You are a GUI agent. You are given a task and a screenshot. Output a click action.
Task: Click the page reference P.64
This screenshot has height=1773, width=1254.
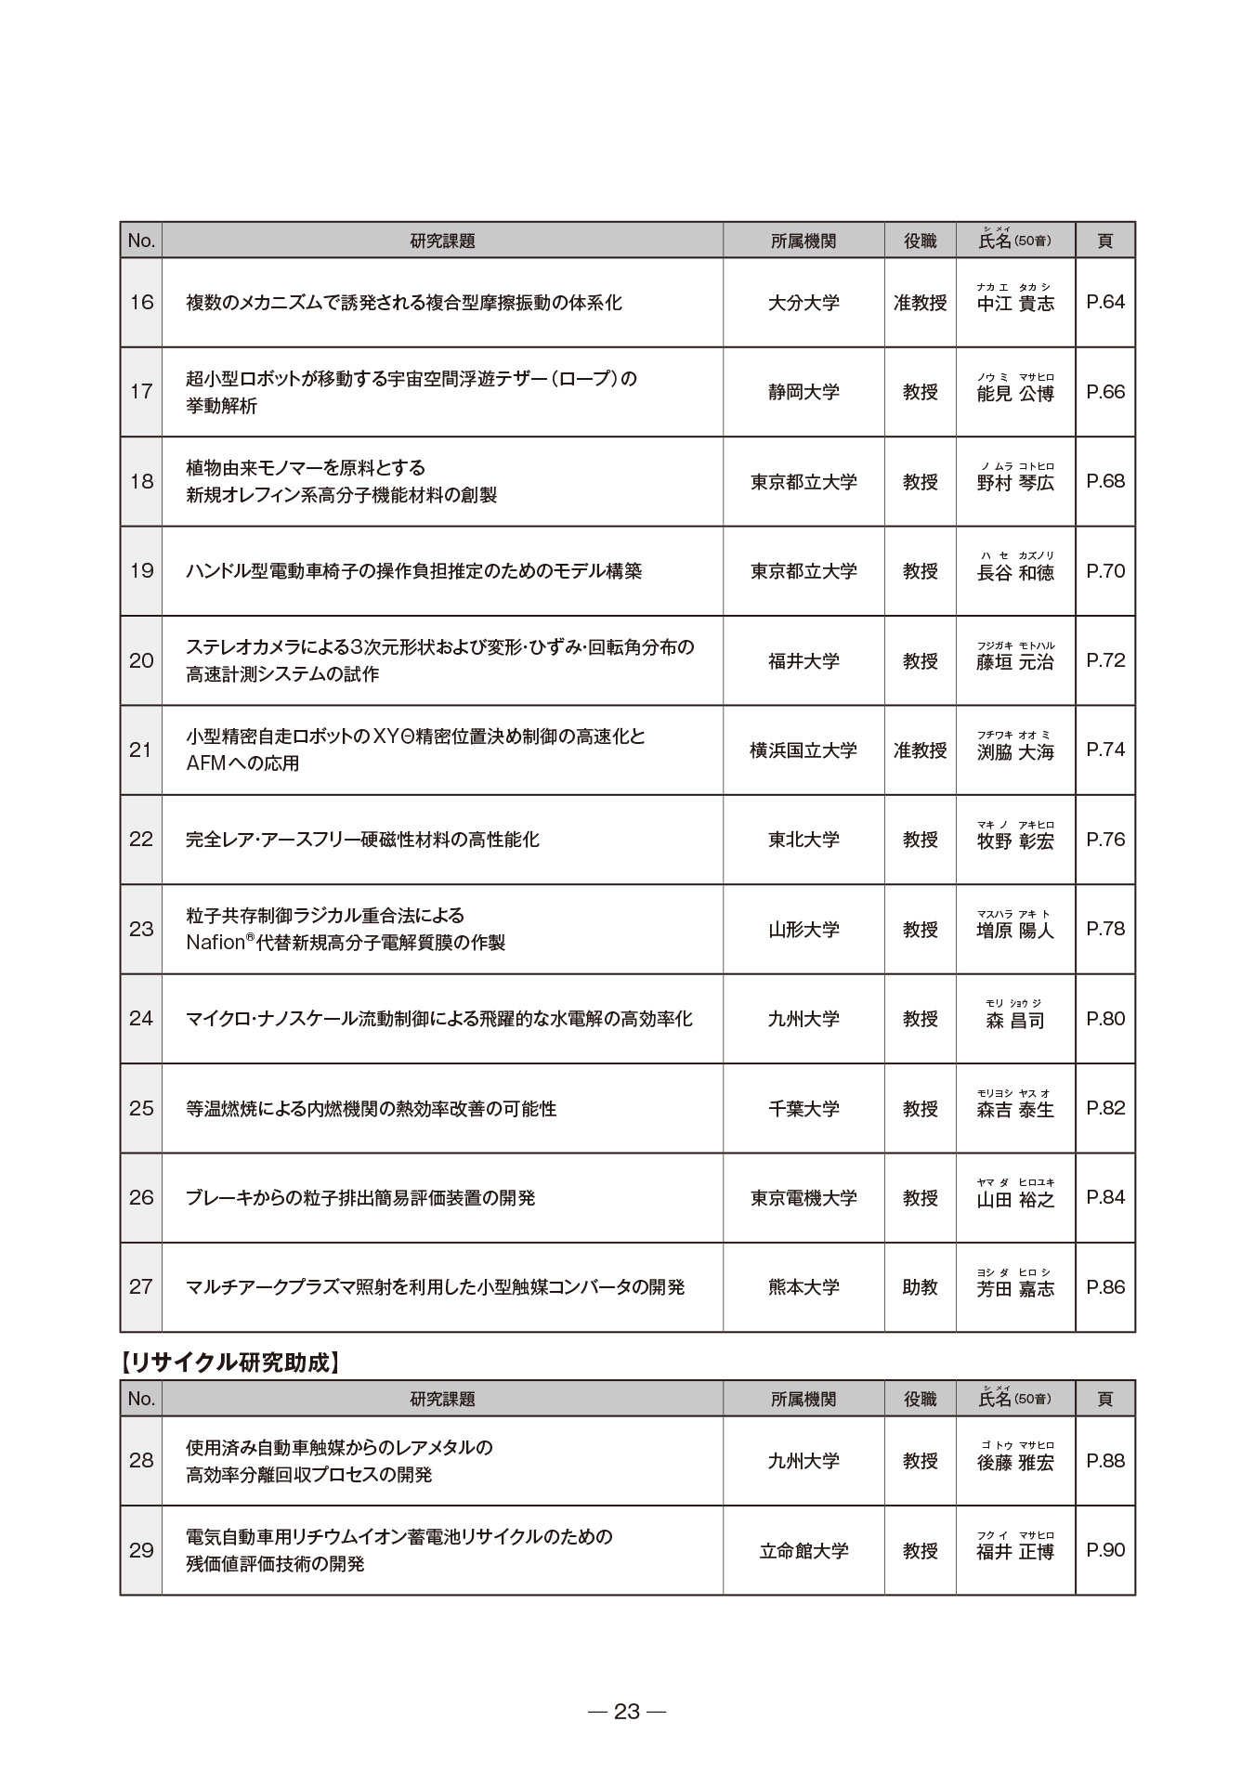pos(1104,302)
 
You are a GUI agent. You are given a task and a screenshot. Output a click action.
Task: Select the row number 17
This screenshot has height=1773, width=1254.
pos(141,392)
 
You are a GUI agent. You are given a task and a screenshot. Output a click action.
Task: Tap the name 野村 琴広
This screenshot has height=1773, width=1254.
pos(1015,482)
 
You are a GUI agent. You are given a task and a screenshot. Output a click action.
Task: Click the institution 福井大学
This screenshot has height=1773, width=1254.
pos(803,661)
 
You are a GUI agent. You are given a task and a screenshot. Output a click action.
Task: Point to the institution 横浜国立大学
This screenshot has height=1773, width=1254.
pos(803,750)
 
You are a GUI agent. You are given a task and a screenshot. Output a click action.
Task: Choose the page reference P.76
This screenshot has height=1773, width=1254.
pos(1104,840)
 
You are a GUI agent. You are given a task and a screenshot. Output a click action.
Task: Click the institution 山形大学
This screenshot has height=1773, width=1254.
pos(803,930)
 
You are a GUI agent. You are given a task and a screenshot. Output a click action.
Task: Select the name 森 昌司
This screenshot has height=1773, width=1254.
pos(1015,1021)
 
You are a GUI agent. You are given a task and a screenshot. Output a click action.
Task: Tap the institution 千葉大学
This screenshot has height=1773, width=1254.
pos(803,1109)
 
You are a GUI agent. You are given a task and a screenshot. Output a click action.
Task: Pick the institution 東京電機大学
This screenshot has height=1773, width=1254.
pos(803,1198)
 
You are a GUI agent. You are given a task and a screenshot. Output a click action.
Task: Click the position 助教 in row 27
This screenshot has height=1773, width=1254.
pos(920,1287)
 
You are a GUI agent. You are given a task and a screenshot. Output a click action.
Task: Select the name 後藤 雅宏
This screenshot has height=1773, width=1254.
pos(1015,1462)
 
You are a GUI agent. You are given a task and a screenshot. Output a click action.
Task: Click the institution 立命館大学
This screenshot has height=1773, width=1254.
pos(803,1551)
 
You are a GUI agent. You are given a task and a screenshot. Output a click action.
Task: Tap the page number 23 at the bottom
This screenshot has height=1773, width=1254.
pos(627,1712)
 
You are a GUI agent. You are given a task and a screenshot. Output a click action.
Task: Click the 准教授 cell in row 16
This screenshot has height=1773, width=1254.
pos(920,303)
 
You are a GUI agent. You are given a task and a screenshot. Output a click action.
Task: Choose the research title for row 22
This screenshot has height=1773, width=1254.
pos(362,840)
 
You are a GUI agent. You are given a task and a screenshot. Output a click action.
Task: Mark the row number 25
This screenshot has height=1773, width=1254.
pos(141,1109)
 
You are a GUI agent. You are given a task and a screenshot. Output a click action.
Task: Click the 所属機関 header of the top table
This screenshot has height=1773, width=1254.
pos(803,241)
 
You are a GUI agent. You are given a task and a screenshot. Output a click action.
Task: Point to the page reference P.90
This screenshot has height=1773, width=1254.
pos(1104,1550)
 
